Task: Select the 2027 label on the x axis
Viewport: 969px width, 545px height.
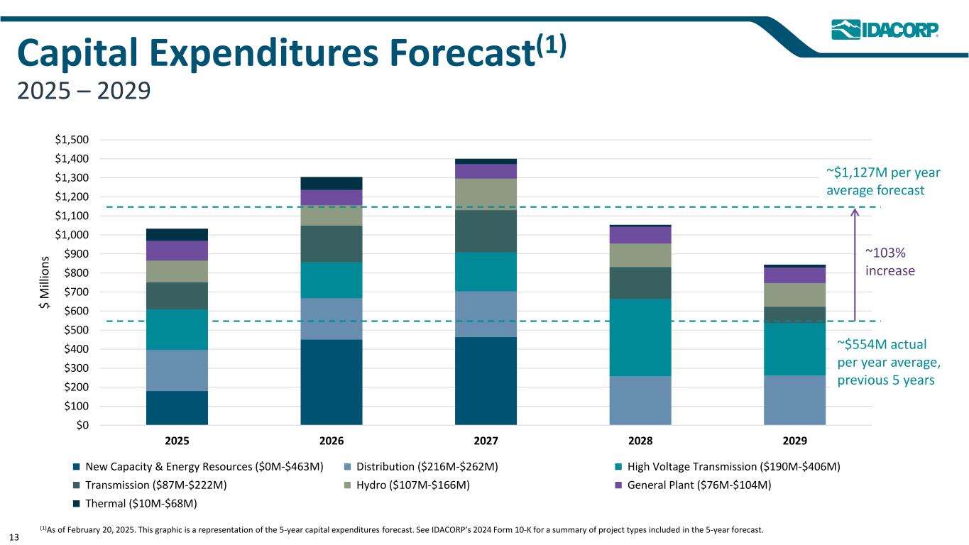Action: click(x=486, y=441)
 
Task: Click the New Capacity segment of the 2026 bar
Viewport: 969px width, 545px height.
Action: click(x=331, y=382)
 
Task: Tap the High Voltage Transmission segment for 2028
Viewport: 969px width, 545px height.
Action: click(x=640, y=337)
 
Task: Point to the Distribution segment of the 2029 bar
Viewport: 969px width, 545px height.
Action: click(x=794, y=400)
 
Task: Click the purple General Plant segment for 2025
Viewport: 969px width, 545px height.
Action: click(x=177, y=251)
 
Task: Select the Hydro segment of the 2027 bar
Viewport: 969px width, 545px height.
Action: click(x=486, y=194)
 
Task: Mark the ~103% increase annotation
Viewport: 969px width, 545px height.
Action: click(x=890, y=262)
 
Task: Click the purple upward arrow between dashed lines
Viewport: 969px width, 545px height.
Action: click(x=855, y=263)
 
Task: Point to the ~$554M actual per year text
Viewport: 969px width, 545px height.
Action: click(x=888, y=362)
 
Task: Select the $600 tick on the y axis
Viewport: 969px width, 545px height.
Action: click(x=78, y=312)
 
